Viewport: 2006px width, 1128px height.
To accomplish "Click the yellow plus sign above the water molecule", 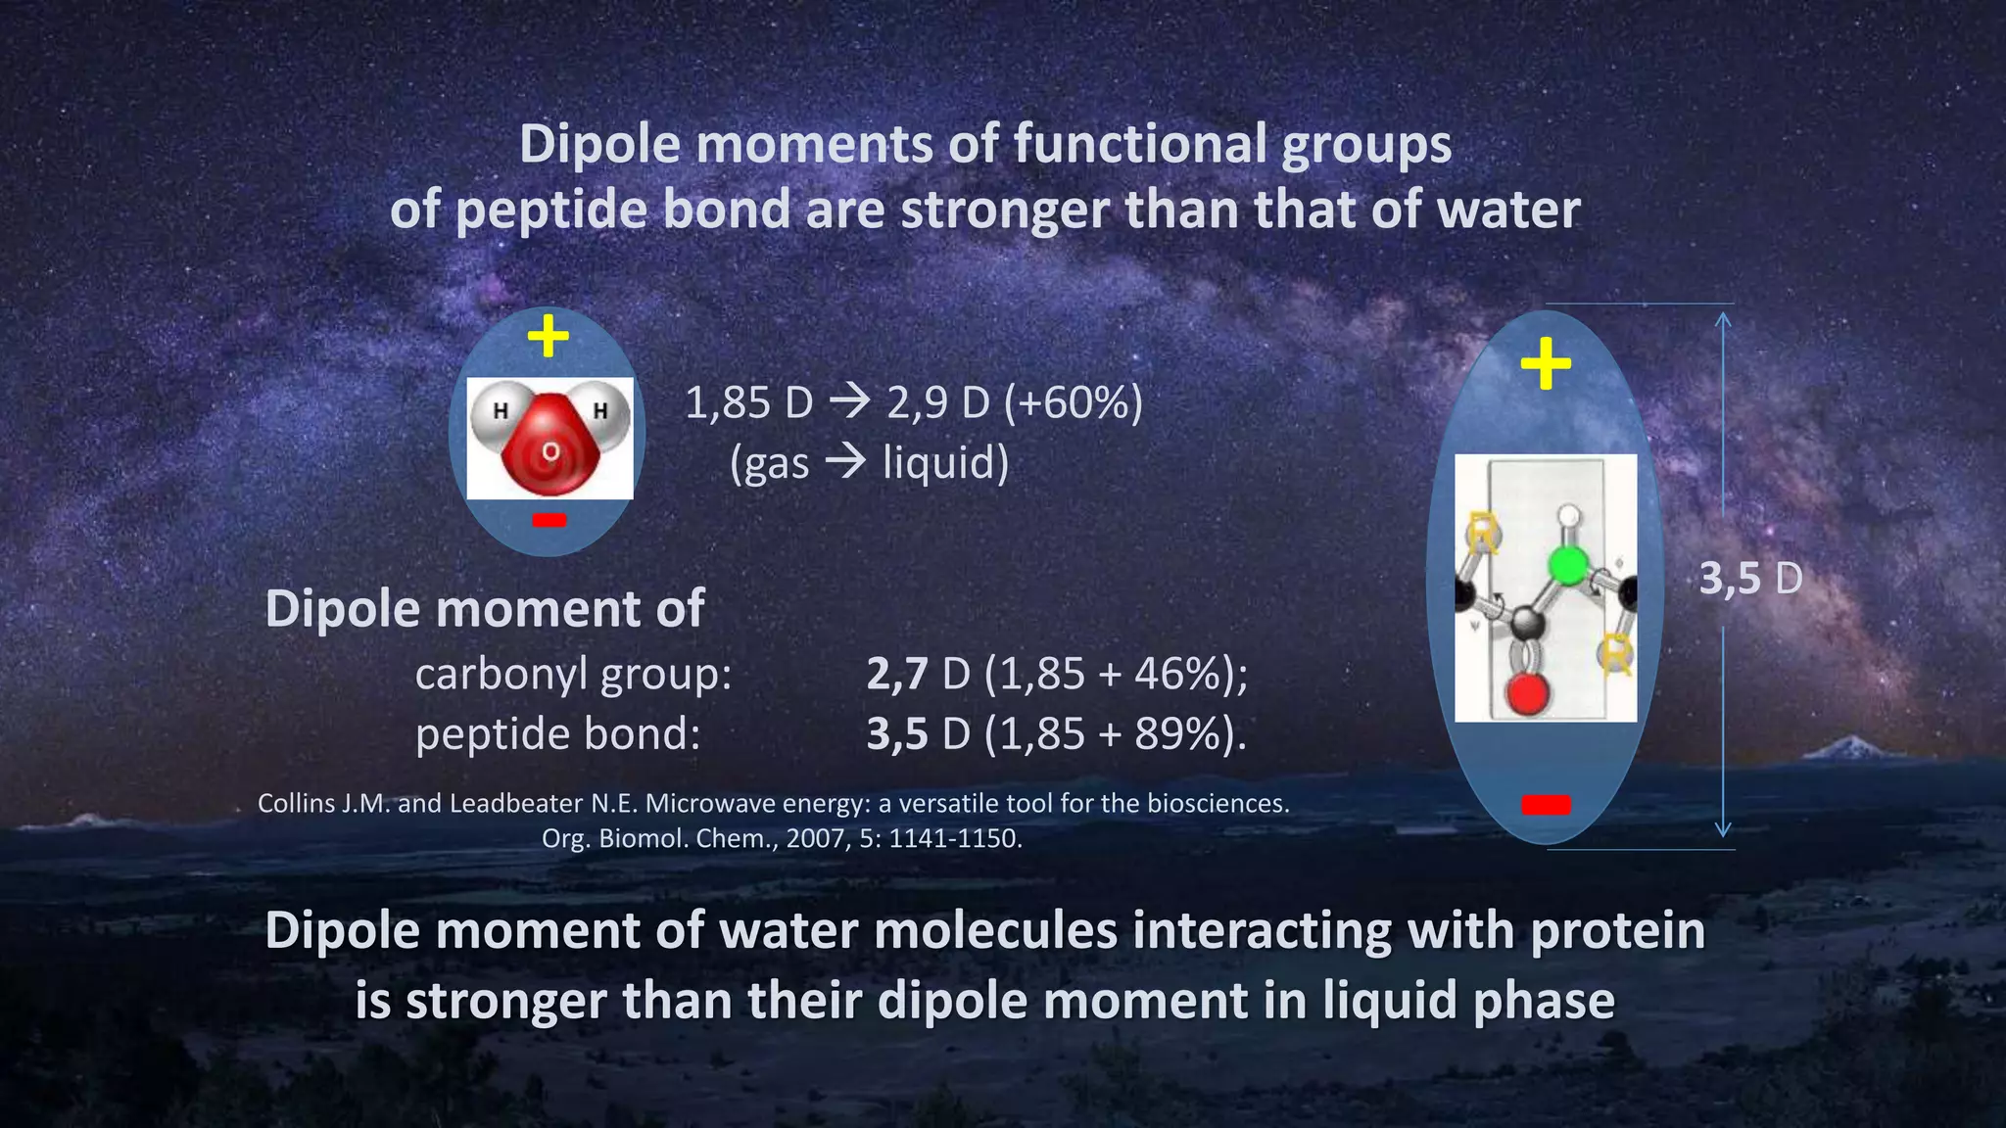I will [x=548, y=337].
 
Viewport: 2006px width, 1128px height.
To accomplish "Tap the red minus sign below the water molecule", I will [x=549, y=520].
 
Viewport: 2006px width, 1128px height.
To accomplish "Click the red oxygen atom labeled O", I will [x=550, y=451].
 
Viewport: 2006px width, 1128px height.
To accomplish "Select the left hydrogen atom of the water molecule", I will [x=500, y=411].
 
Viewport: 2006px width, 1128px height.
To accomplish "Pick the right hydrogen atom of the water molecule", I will [x=600, y=411].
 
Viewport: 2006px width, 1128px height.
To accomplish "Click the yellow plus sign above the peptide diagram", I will [x=1546, y=364].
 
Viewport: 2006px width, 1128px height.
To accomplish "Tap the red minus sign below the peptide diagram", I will [x=1546, y=805].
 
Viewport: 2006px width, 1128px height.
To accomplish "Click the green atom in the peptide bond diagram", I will [x=1567, y=566].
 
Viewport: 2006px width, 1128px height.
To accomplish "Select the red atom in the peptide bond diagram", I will [x=1526, y=695].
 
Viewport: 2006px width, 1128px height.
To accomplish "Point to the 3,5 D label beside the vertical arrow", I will [x=1750, y=579].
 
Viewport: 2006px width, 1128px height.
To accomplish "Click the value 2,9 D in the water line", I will [x=938, y=402].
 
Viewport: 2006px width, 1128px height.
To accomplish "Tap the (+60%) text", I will [x=1074, y=402].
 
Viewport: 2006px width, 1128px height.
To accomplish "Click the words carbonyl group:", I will [x=573, y=674].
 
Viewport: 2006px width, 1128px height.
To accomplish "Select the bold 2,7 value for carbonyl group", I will [x=896, y=674].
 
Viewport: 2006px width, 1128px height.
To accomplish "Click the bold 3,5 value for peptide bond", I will [x=896, y=733].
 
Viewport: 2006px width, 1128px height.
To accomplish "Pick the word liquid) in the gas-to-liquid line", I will [x=945, y=462].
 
